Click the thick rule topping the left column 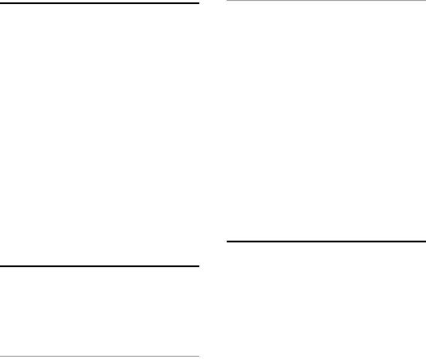click(x=99, y=4)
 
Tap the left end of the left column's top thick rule click(x=1, y=4)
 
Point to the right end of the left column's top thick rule click(x=199, y=4)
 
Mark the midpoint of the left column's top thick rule click(x=99, y=4)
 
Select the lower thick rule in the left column click(x=99, y=266)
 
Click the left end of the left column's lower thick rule click(x=1, y=266)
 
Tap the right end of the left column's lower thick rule click(x=199, y=266)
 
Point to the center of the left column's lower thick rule click(x=99, y=266)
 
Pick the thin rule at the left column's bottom click(x=99, y=356)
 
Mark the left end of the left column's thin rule click(x=1, y=356)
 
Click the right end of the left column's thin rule click(x=199, y=356)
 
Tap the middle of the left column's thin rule click(x=99, y=356)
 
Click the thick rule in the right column click(x=326, y=242)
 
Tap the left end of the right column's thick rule click(x=227, y=242)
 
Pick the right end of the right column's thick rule click(x=425, y=242)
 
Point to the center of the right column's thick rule click(x=326, y=242)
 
